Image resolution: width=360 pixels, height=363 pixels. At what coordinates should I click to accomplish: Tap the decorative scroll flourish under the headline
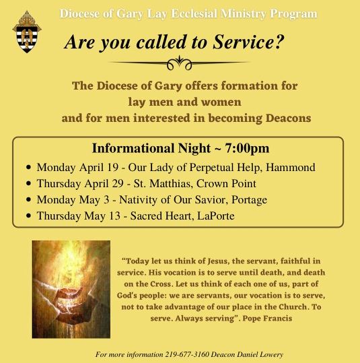click(x=179, y=64)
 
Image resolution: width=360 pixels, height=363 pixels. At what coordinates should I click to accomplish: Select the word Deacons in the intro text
click(x=283, y=118)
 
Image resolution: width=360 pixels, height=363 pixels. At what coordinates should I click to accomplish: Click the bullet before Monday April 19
click(x=28, y=167)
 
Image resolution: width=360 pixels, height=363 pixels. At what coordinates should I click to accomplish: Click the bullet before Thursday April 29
click(x=28, y=183)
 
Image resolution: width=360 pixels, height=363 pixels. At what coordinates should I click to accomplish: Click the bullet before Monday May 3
click(x=28, y=199)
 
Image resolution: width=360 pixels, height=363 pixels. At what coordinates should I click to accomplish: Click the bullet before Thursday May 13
click(x=28, y=216)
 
